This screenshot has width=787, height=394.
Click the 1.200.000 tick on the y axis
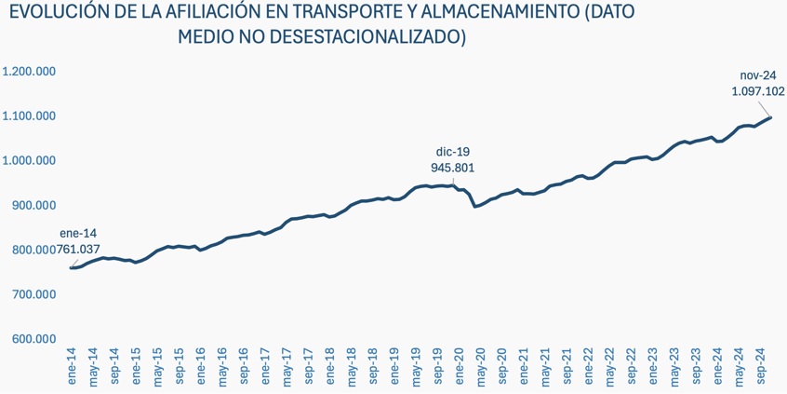(30, 71)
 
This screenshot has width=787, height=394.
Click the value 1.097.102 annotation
(758, 92)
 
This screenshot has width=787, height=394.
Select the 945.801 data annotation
(453, 168)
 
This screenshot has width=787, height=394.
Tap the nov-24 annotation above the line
(758, 75)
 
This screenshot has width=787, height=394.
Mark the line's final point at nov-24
(771, 117)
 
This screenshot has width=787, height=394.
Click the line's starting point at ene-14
(71, 268)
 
